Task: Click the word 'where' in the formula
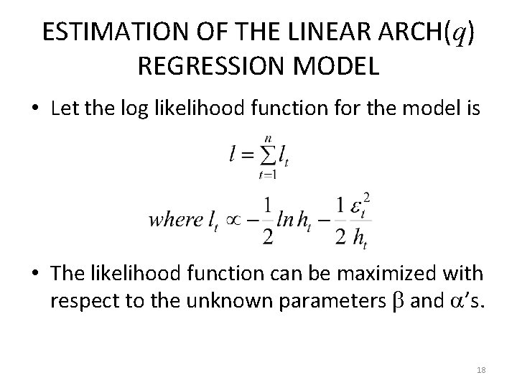pos(175,219)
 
